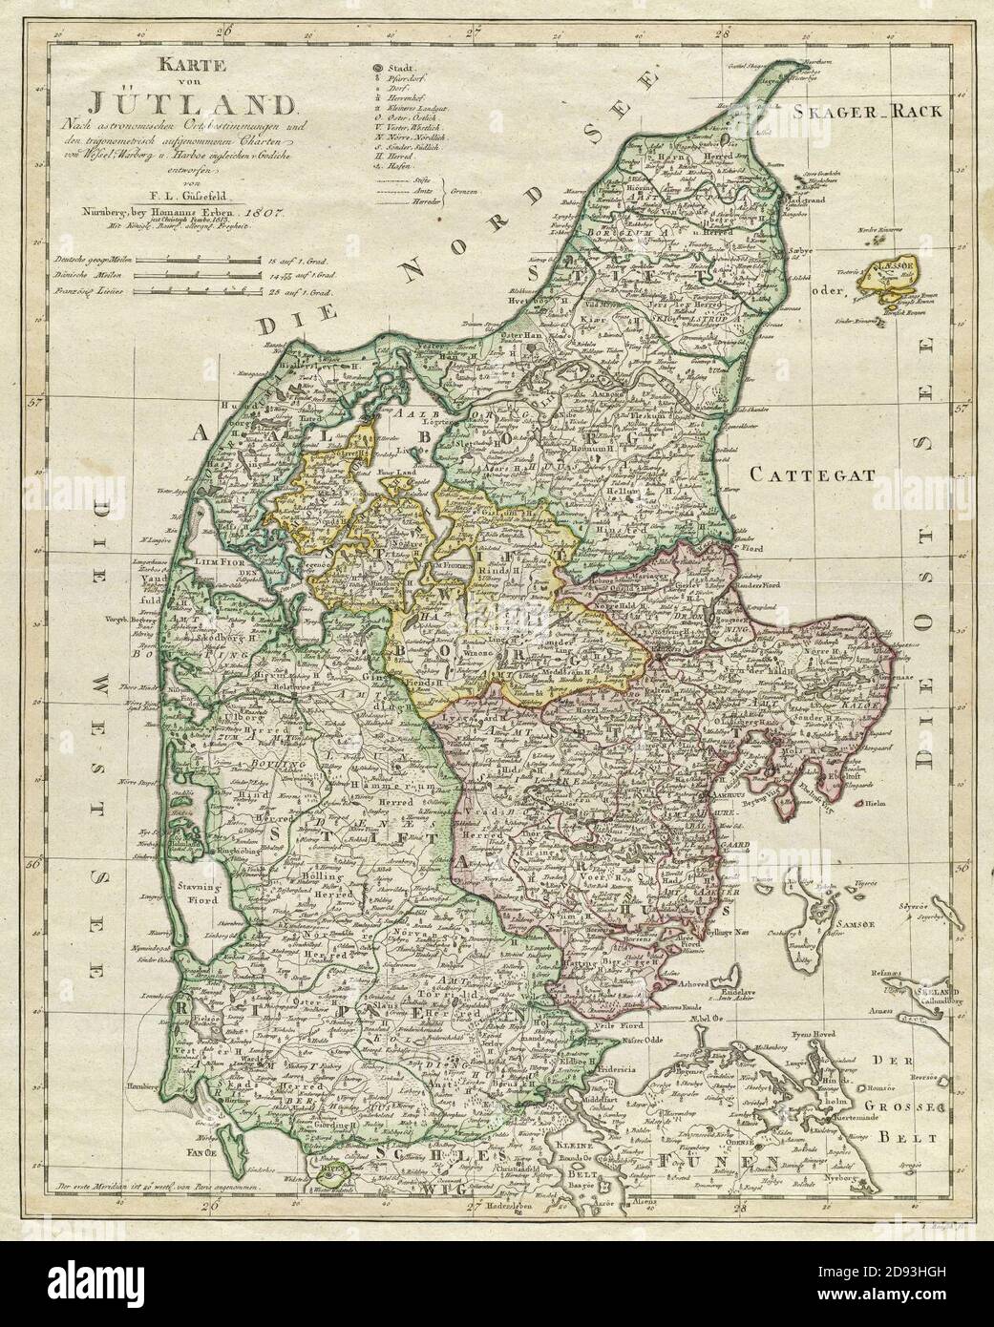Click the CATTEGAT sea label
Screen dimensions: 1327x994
(x=798, y=473)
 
